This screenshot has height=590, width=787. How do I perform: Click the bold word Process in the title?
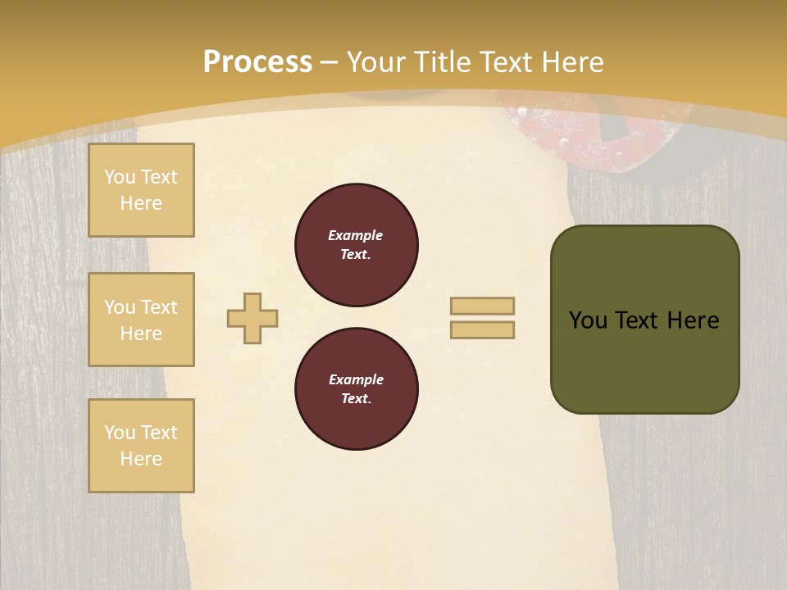point(257,61)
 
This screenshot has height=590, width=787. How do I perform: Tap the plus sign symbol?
point(252,318)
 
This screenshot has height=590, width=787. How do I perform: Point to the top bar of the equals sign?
point(482,306)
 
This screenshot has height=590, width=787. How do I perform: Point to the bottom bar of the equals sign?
point(482,329)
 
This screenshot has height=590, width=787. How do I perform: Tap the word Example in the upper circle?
point(355,235)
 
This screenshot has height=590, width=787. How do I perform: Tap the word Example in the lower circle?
point(355,379)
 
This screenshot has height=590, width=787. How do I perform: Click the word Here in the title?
point(571,61)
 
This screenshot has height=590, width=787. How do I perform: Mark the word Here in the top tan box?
point(141,203)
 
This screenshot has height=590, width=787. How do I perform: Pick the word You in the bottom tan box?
point(120,432)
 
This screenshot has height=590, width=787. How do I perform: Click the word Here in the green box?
point(693,320)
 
